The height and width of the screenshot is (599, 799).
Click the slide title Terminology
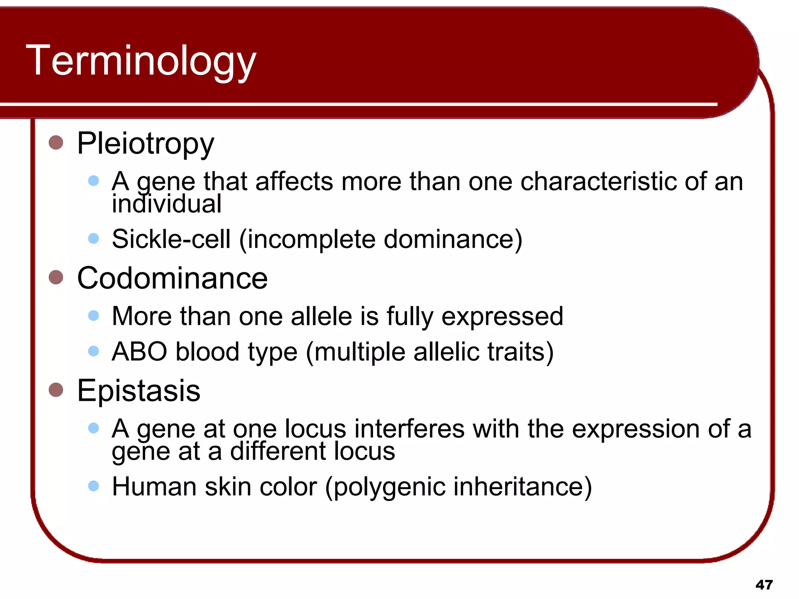[x=141, y=60]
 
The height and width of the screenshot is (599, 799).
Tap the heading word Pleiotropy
[x=146, y=144]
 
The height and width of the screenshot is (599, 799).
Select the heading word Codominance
[x=172, y=278]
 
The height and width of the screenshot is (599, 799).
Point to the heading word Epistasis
[x=138, y=390]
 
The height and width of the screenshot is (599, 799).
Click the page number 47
[x=764, y=585]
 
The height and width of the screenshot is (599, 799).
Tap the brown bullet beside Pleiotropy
[x=56, y=142]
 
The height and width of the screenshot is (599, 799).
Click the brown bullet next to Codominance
[x=56, y=277]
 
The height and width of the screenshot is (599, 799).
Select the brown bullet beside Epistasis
[x=56, y=390]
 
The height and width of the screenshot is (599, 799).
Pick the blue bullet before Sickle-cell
[x=94, y=238]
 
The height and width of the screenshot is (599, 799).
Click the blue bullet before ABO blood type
[x=94, y=351]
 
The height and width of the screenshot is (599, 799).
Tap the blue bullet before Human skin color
[x=94, y=486]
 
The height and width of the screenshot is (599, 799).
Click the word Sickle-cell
[x=171, y=239]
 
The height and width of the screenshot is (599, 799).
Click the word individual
[x=167, y=204]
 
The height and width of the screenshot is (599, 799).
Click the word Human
[x=154, y=487]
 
